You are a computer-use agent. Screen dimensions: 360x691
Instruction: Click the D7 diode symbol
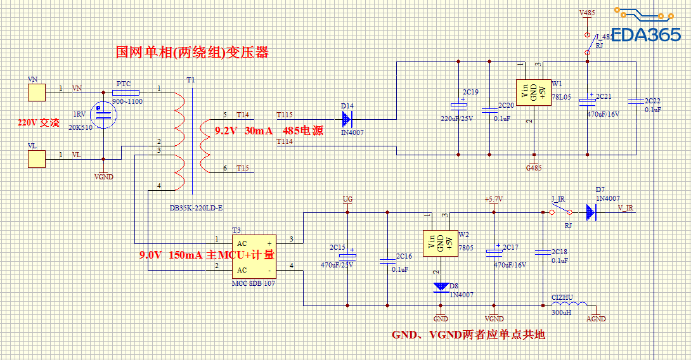click(591, 212)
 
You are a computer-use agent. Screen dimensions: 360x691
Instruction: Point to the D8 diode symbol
click(440, 286)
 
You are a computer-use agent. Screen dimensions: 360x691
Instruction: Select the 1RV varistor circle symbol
click(103, 114)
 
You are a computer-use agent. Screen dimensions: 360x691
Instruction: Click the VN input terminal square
click(37, 93)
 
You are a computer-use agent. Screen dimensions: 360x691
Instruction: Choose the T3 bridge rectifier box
click(254, 256)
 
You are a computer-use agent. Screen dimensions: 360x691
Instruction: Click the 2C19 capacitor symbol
click(457, 105)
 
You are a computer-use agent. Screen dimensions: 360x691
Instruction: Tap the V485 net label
click(587, 13)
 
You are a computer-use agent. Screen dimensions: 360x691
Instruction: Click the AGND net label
click(596, 319)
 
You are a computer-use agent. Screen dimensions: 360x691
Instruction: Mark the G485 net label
click(533, 168)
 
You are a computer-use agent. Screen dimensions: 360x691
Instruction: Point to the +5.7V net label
click(493, 199)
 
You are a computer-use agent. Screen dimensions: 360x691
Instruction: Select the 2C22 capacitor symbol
click(635, 101)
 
